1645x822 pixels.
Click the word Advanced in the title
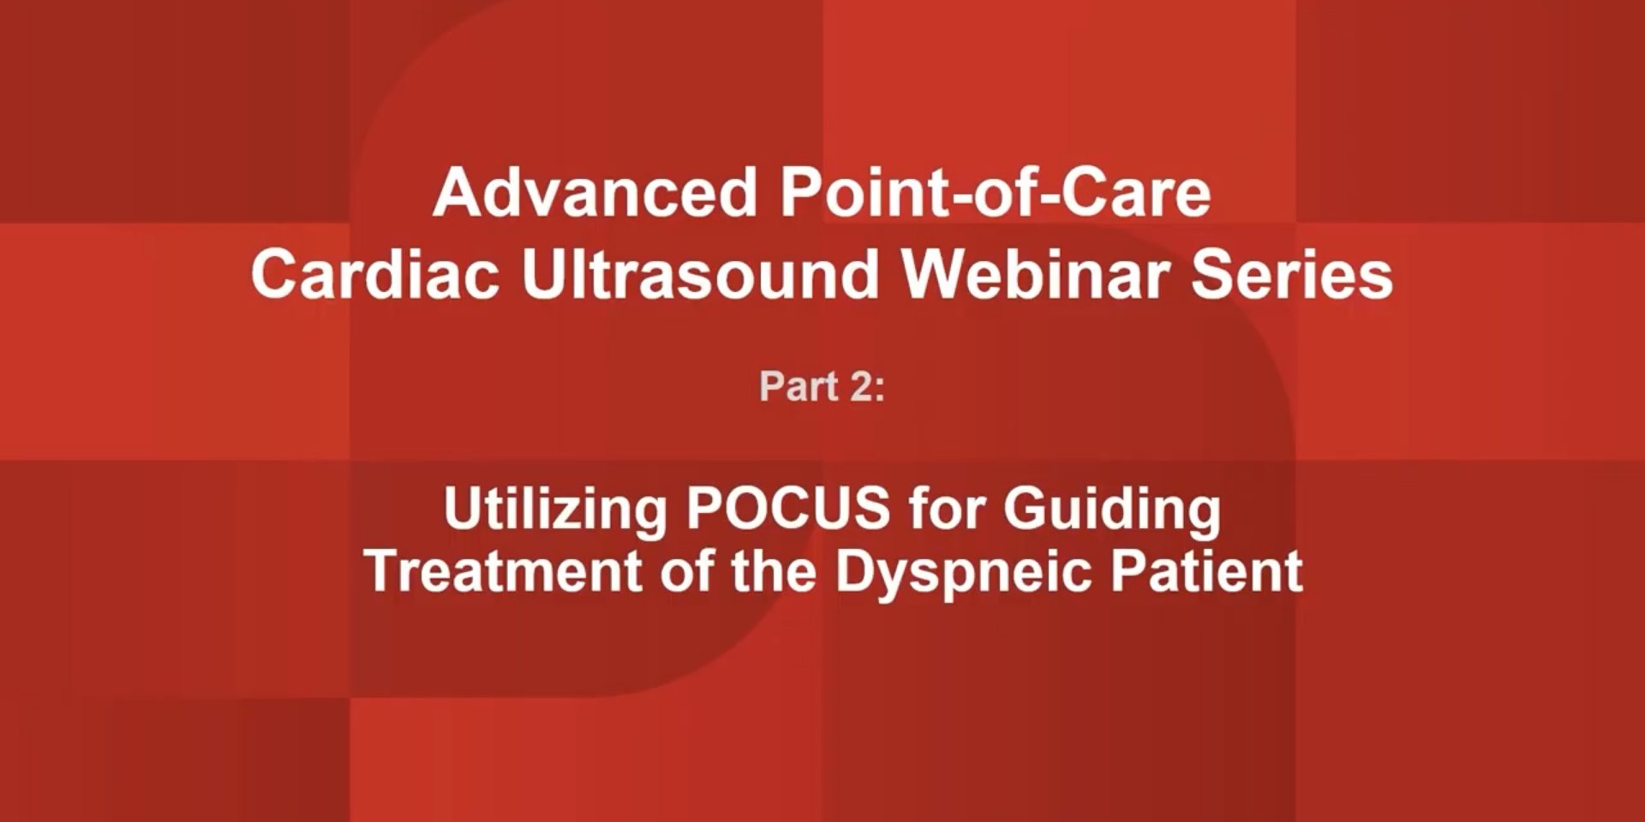[x=595, y=194]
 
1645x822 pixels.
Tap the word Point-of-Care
[x=995, y=194]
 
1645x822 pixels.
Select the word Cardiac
[x=375, y=276]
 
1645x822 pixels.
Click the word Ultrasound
[x=700, y=276]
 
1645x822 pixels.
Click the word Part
[x=799, y=386]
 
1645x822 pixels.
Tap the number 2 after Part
[x=860, y=386]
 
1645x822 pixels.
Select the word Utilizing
[x=555, y=509]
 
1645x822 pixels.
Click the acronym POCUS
[x=787, y=509]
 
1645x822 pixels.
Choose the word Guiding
[x=1112, y=511]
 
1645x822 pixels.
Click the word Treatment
[x=503, y=571]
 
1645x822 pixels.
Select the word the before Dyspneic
[x=774, y=571]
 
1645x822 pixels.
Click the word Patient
[x=1206, y=571]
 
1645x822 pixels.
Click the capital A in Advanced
[x=454, y=194]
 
